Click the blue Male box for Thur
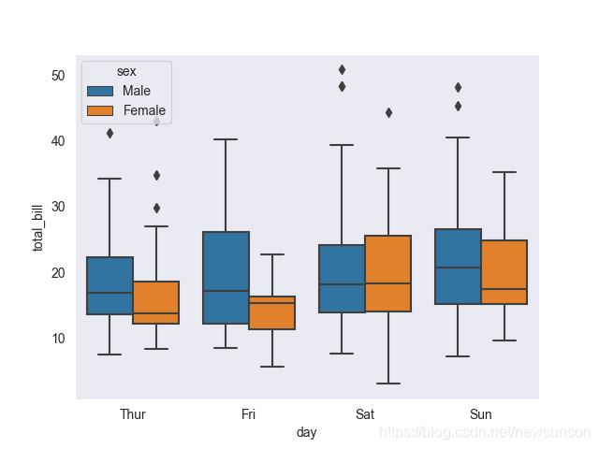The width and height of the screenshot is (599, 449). point(110,285)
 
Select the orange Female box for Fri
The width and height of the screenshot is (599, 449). point(271,312)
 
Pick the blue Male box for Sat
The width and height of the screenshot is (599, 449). point(342,278)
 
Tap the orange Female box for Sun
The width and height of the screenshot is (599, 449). point(504,272)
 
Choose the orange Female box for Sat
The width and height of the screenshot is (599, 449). point(387,273)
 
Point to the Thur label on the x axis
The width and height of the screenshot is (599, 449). point(132,413)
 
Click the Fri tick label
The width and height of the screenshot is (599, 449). point(248,413)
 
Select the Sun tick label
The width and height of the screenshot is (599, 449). point(480,413)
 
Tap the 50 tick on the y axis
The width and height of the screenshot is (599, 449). point(59,76)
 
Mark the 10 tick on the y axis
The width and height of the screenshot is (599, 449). point(59,339)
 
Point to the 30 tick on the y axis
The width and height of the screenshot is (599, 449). point(59,207)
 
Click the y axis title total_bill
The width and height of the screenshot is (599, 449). point(38,228)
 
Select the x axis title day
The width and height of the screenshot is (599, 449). point(306,431)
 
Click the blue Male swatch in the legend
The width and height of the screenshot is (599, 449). point(99,91)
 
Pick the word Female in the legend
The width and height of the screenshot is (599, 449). point(144,110)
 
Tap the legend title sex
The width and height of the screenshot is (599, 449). point(126,71)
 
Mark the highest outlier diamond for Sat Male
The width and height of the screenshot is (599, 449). point(342,69)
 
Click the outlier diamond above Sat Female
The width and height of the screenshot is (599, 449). point(388,112)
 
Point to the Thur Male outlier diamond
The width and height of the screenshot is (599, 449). point(110,133)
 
